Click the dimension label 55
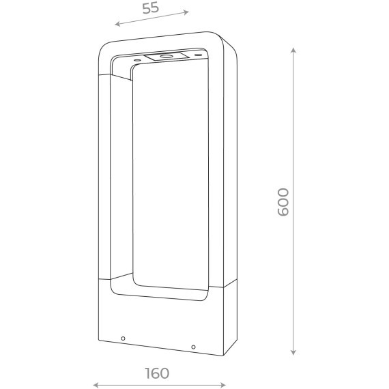click(151, 8)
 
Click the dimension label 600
click(283, 202)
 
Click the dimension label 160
click(157, 373)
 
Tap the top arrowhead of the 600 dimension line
click(293, 50)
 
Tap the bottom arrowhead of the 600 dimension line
click(293, 353)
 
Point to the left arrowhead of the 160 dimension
click(96, 385)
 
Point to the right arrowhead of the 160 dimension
click(222, 385)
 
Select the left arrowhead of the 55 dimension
click(117, 24)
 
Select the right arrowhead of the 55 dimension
click(186, 12)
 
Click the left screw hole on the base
click(123, 338)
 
